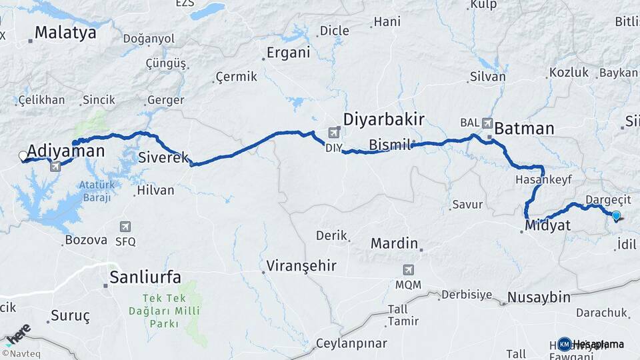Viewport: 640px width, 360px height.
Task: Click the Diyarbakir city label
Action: [x=383, y=120]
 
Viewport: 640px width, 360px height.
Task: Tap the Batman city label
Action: [x=524, y=128]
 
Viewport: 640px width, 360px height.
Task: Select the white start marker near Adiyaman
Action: [x=23, y=156]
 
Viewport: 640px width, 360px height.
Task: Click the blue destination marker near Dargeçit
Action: [x=616, y=215]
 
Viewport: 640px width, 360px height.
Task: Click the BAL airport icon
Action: [x=487, y=123]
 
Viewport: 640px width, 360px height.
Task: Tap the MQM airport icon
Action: [x=407, y=270]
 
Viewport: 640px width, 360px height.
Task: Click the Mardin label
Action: [x=394, y=243]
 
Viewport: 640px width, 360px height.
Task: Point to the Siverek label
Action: [x=163, y=158]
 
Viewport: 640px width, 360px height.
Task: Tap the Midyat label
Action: [x=547, y=226]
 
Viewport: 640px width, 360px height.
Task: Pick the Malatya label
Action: [x=65, y=32]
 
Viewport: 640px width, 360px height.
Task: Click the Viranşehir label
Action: [x=301, y=266]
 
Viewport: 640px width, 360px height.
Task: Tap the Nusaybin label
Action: [x=539, y=297]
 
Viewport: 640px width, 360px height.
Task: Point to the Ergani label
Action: [x=288, y=53]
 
